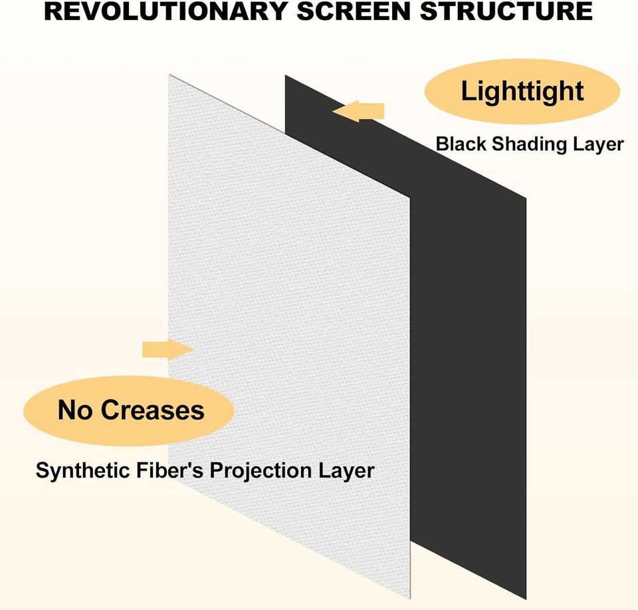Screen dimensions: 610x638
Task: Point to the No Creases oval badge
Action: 130,410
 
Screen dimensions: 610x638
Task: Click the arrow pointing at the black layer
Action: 359,111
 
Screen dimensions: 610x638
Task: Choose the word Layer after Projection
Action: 348,470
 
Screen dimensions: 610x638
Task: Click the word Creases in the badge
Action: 160,410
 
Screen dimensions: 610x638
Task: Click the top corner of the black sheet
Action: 286,76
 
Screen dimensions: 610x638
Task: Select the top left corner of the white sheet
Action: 170,75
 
